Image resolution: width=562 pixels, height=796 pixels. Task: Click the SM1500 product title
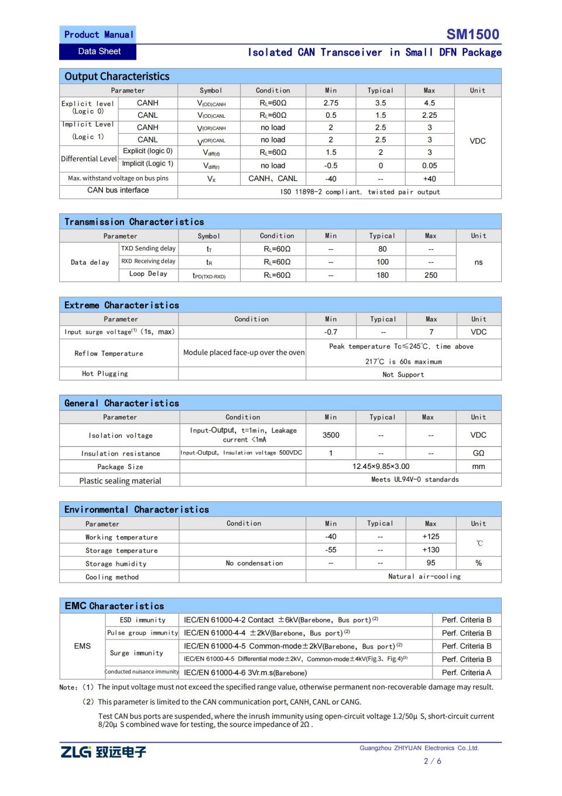pyautogui.click(x=472, y=34)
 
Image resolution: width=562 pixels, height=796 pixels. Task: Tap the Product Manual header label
pyautogui.click(x=98, y=35)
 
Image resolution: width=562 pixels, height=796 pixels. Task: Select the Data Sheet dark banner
pyautogui.click(x=98, y=52)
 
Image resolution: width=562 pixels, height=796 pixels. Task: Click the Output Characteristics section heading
pyautogui.click(x=117, y=76)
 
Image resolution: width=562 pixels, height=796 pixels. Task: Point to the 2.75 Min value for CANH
pyautogui.click(x=331, y=103)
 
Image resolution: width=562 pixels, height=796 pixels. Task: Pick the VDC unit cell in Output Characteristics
pyautogui.click(x=477, y=141)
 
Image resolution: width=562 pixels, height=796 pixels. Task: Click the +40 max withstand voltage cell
pyautogui.click(x=429, y=179)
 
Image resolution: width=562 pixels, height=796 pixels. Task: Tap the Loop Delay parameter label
pyautogui.click(x=148, y=274)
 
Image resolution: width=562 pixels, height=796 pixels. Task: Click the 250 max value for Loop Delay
pyautogui.click(x=430, y=275)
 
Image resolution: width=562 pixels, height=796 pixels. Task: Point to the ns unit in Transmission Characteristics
pyautogui.click(x=478, y=262)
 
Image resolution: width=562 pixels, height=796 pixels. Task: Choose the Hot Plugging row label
pyautogui.click(x=105, y=373)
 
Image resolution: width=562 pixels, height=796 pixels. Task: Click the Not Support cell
pyautogui.click(x=403, y=375)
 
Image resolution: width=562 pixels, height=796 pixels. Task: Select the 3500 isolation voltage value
pyautogui.click(x=331, y=435)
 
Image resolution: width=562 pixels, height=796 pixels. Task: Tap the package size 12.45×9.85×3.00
pyautogui.click(x=381, y=467)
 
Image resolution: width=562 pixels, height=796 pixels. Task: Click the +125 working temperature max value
pyautogui.click(x=430, y=537)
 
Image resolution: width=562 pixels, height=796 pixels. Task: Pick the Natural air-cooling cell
pyautogui.click(x=424, y=576)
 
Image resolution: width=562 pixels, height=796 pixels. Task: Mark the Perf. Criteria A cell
pyautogui.click(x=466, y=672)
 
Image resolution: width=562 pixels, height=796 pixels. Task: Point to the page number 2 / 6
pyautogui.click(x=432, y=761)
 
